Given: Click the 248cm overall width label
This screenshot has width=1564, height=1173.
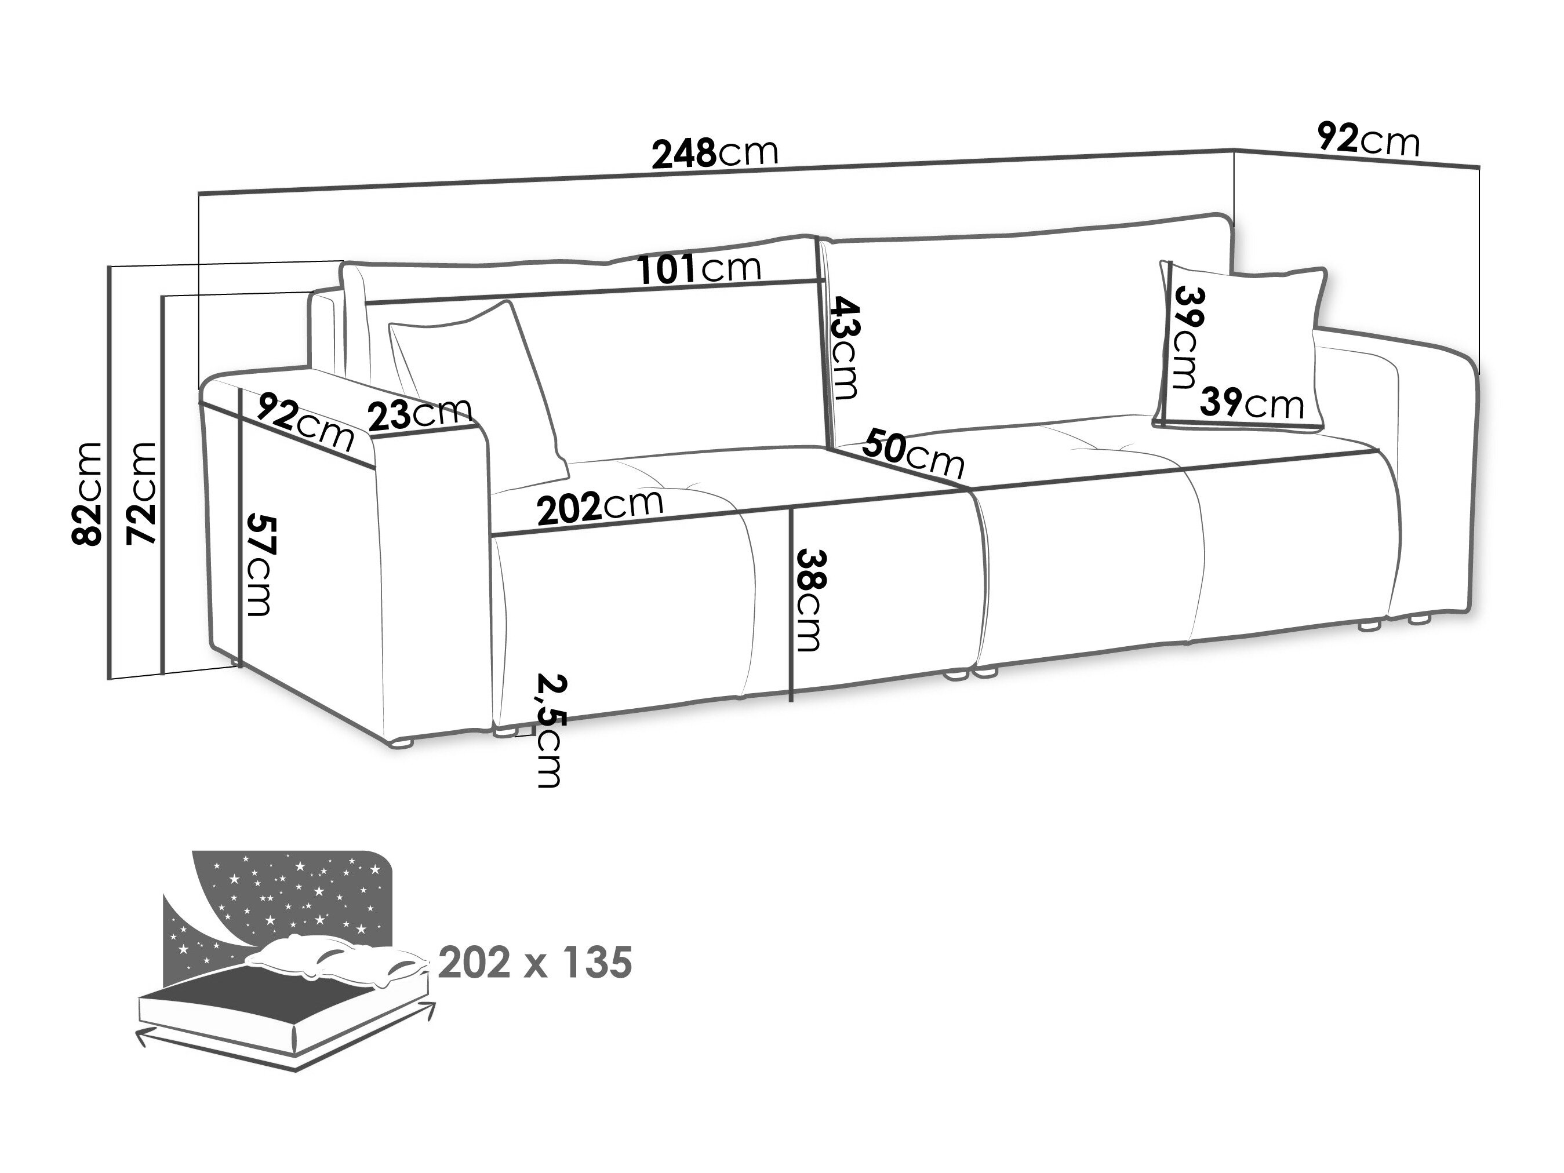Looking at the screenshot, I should click(714, 154).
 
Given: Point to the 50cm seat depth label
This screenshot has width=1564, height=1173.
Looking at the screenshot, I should click(912, 453).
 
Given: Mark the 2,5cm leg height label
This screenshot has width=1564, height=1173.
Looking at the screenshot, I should click(550, 731).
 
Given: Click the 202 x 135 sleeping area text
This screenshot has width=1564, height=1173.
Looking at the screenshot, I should click(534, 963).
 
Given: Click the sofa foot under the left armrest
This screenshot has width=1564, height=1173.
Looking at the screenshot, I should click(402, 743).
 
